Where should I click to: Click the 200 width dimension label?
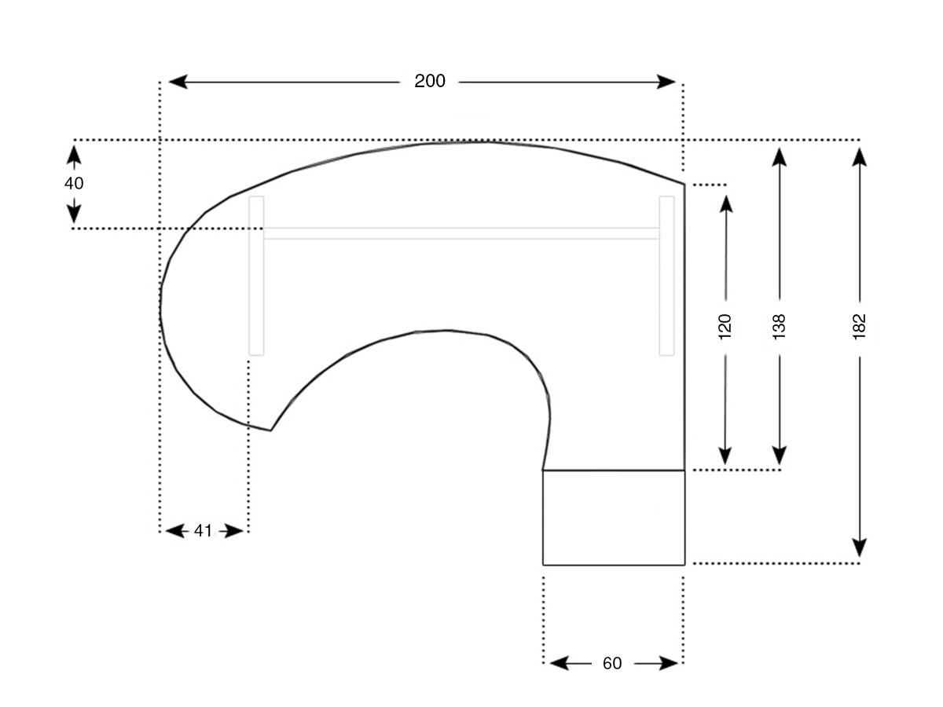(x=430, y=81)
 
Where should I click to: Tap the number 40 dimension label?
(x=73, y=183)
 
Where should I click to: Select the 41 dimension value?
(x=203, y=531)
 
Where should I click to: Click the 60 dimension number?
(x=612, y=663)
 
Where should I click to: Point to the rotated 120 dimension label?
(x=725, y=327)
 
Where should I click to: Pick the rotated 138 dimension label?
(x=779, y=327)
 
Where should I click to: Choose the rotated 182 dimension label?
(x=859, y=327)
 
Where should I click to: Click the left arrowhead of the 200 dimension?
(x=178, y=82)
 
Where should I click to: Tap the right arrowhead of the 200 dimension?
(x=666, y=82)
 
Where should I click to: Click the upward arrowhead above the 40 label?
(x=74, y=155)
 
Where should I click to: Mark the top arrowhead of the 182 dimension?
(x=859, y=157)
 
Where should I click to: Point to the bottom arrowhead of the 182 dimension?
(x=859, y=548)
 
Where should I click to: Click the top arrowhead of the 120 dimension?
(x=726, y=204)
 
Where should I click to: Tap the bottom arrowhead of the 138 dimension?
(x=780, y=456)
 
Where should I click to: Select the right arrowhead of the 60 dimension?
(x=669, y=663)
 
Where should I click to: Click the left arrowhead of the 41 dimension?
(x=175, y=532)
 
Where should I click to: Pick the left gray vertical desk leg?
(x=256, y=276)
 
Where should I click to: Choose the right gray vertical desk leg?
(x=666, y=276)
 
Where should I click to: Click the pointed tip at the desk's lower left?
(x=270, y=430)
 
